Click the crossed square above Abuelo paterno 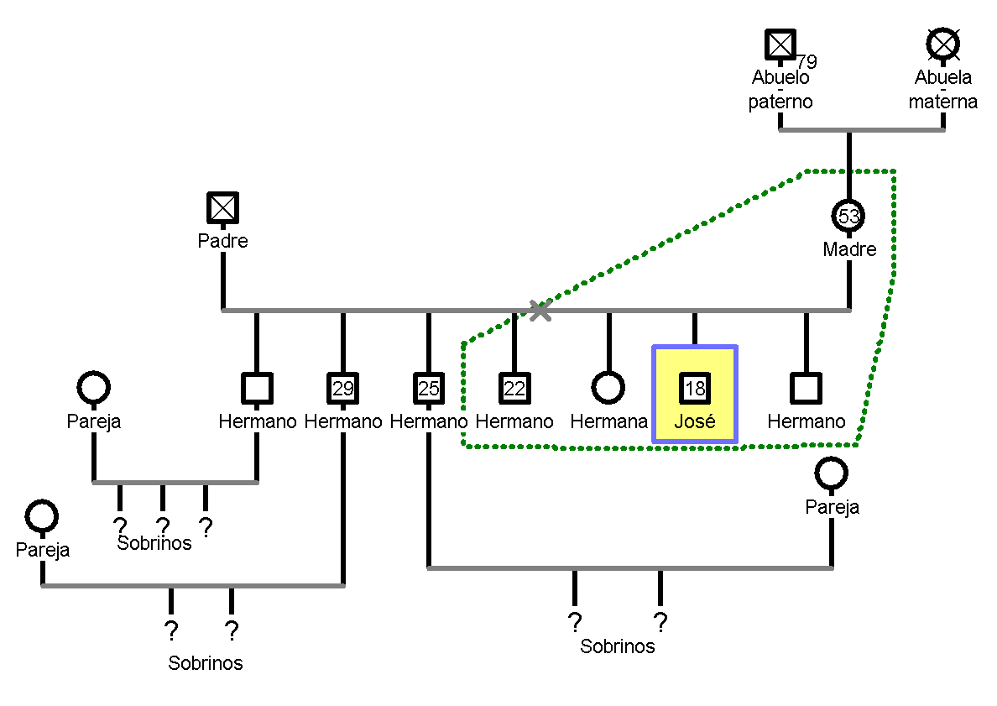780,44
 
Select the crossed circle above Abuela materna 943,44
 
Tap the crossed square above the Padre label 222,207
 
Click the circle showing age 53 849,216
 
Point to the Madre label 849,249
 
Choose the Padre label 222,241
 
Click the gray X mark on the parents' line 540,311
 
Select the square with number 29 342,388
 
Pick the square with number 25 428,388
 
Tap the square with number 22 514,388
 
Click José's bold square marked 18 695,388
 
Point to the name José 695,421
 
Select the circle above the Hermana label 608,388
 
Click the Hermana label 608,421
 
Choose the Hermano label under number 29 342,421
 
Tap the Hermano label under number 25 428,421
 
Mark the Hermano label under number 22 514,421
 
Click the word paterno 780,102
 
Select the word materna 943,102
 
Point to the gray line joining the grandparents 862,130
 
